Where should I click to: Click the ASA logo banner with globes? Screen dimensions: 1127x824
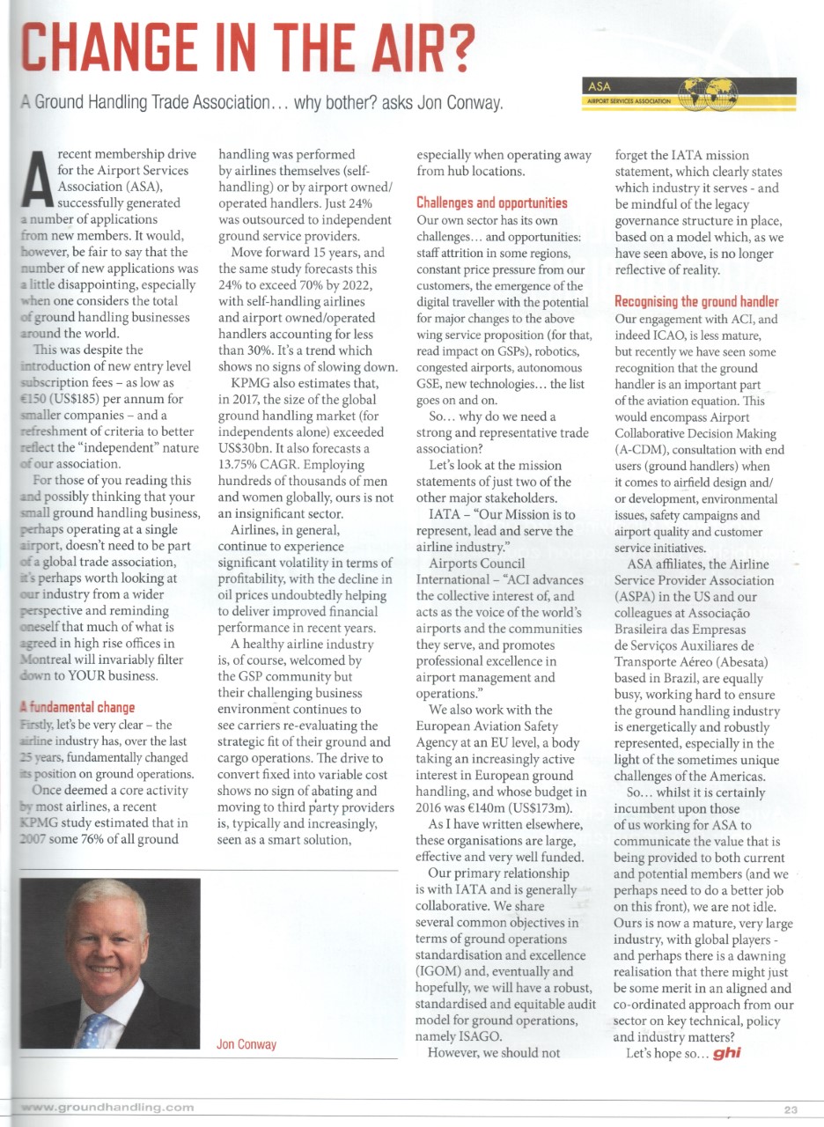click(690, 92)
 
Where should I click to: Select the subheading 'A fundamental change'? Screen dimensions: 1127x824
click(77, 707)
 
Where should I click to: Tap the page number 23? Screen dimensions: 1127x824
click(790, 1109)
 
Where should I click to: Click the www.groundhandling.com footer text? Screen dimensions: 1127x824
click(107, 1106)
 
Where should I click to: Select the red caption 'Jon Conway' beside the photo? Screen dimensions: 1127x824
click(246, 1044)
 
